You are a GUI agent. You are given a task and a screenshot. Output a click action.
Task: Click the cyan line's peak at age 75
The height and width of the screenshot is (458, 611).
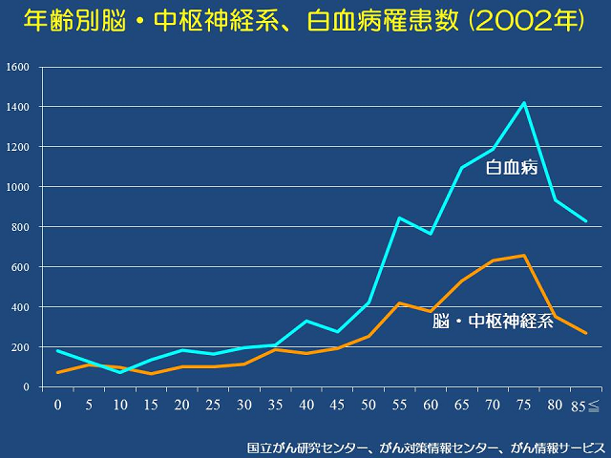(523, 102)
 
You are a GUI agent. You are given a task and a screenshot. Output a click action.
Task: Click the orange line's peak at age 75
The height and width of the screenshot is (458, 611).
(523, 255)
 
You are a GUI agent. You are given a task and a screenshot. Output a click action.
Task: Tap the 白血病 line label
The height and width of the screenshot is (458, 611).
(512, 168)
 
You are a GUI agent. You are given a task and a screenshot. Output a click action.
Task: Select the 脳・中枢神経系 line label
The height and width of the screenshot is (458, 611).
(492, 322)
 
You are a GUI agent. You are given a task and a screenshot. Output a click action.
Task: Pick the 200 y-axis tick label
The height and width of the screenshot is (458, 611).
(20, 347)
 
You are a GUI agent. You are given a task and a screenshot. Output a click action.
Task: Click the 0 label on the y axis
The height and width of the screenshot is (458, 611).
(27, 386)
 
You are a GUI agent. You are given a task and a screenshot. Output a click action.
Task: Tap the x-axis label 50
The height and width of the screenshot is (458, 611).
(369, 405)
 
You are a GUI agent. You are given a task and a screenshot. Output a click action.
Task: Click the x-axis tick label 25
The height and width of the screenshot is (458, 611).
(213, 405)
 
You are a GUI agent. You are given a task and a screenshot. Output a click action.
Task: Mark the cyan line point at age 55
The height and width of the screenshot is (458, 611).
(399, 218)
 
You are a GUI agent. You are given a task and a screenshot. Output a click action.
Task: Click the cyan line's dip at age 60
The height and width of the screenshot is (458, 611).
(431, 234)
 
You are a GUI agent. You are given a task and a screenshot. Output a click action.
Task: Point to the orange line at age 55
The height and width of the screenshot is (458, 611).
(399, 302)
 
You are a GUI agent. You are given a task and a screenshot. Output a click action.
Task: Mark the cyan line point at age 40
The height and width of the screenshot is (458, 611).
(306, 321)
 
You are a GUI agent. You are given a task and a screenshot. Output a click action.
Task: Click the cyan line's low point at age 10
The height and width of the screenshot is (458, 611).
(120, 372)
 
